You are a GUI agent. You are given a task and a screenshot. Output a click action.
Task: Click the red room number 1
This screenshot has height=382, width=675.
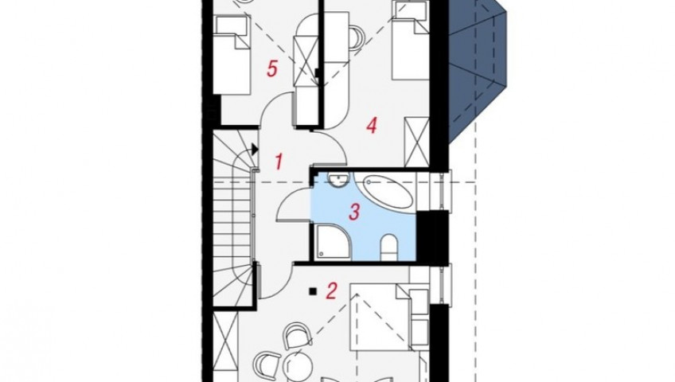tap(279, 162)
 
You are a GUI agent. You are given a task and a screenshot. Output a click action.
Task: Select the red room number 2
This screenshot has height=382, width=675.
tap(331, 291)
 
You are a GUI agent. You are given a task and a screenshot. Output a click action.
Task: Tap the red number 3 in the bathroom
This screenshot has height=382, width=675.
tap(354, 212)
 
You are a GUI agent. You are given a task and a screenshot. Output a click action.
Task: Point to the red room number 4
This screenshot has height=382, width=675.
tap(372, 125)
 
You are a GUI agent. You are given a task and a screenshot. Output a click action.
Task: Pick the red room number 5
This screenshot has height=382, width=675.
tap(271, 68)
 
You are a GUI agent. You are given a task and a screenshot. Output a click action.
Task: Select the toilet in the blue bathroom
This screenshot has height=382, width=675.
tap(389, 247)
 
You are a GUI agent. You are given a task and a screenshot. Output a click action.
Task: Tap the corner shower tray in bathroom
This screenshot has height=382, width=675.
tap(334, 242)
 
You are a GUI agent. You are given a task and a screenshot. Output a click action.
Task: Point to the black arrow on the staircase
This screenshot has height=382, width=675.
tap(255, 150)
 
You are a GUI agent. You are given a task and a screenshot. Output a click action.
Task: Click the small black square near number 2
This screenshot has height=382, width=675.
tap(313, 291)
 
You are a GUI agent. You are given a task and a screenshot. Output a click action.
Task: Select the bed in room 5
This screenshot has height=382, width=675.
tap(232, 55)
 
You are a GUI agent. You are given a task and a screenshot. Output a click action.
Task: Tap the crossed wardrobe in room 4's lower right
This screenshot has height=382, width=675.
tap(417, 142)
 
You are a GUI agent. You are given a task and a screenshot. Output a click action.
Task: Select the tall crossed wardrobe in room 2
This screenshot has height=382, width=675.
tap(225, 347)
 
